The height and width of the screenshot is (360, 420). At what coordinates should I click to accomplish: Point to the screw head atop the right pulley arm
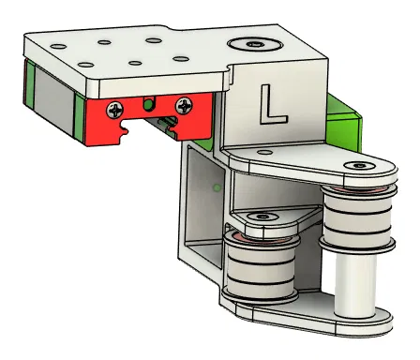click(355, 167)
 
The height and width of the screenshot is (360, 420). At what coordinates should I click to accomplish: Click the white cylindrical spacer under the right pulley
click(355, 285)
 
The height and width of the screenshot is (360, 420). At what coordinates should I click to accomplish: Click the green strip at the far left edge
click(31, 94)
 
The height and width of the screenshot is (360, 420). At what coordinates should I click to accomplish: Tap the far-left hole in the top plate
click(59, 44)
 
